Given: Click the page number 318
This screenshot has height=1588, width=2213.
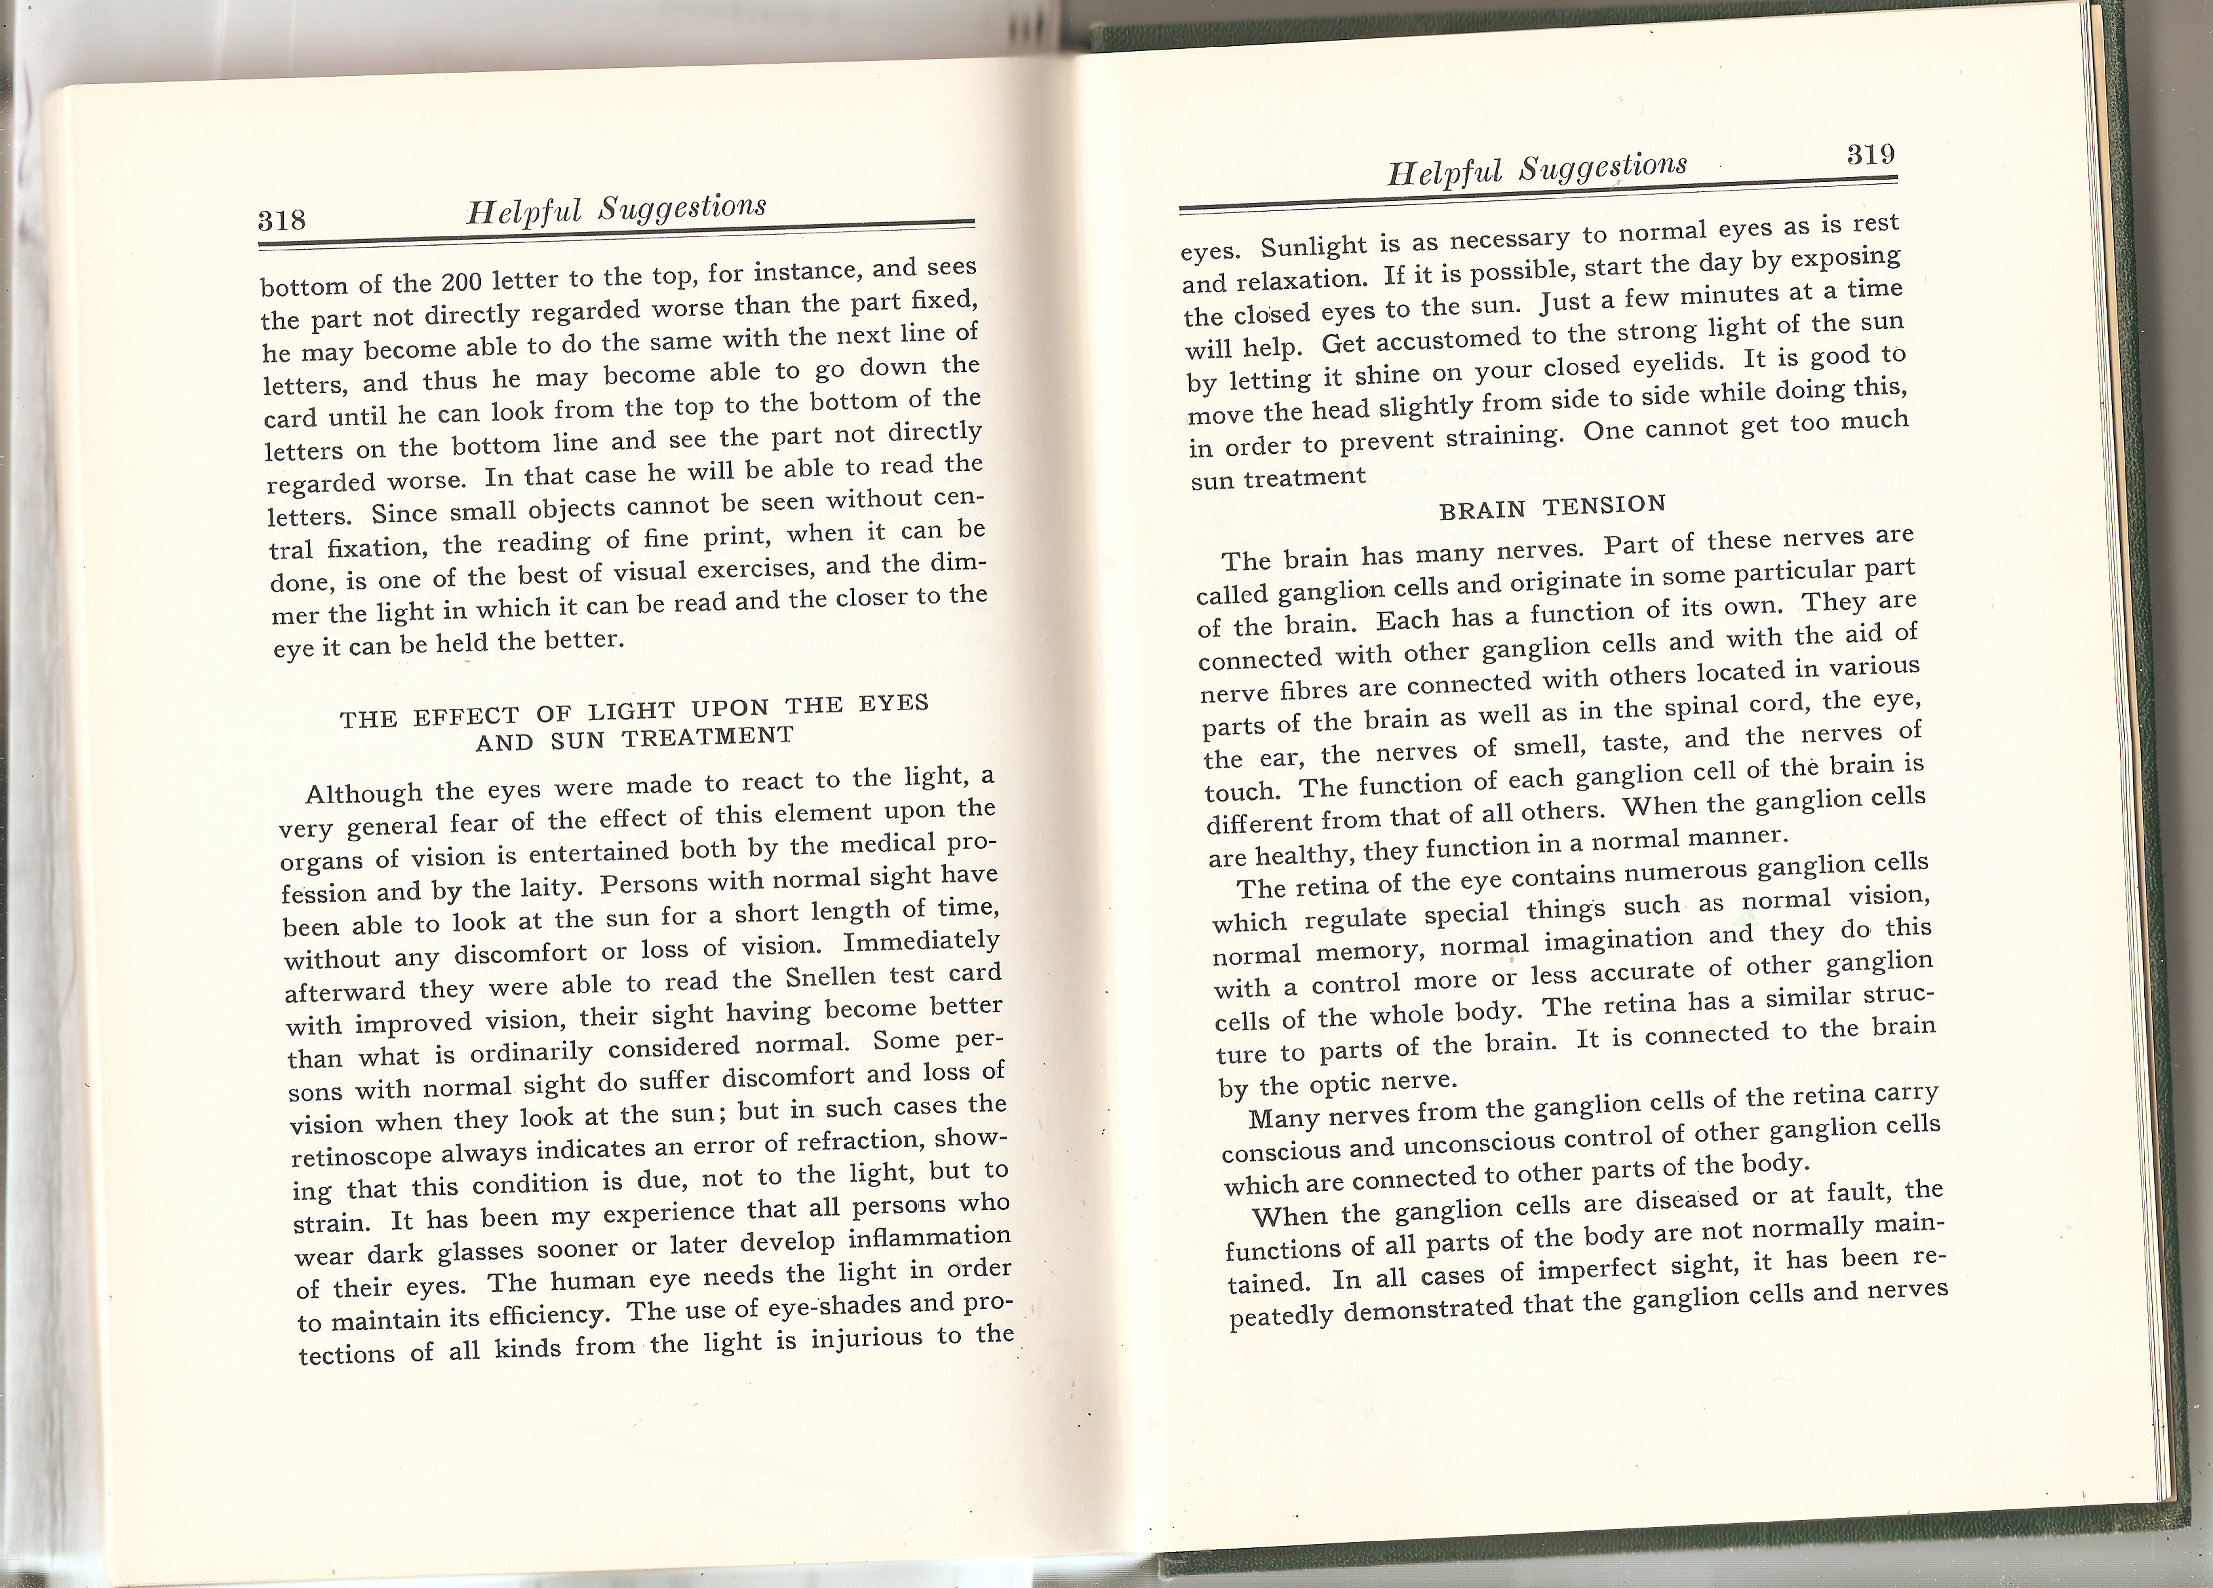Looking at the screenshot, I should [x=282, y=219].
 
